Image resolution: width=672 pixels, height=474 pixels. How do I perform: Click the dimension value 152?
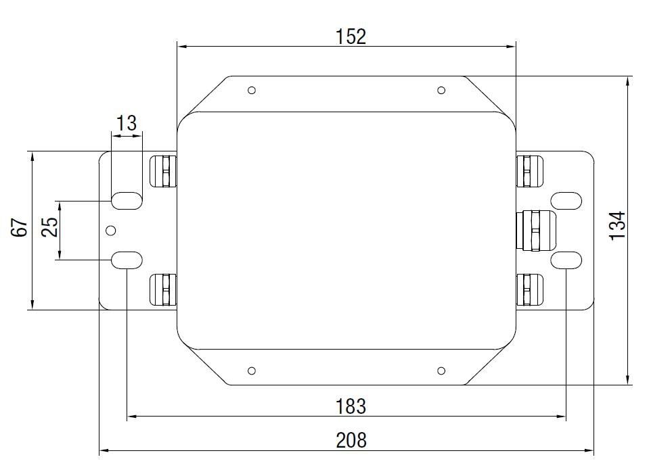[x=351, y=37]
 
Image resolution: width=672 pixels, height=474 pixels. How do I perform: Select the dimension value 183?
[x=351, y=406]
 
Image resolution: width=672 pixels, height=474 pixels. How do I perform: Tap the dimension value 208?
[x=351, y=440]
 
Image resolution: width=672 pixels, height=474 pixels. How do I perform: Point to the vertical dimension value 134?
[x=617, y=226]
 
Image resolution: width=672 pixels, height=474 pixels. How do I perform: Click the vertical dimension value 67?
[x=20, y=228]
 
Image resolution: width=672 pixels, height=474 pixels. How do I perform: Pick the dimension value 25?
[x=49, y=228]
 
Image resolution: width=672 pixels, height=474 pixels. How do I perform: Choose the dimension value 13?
[x=127, y=123]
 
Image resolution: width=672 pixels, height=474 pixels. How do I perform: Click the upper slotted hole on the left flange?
[x=127, y=201]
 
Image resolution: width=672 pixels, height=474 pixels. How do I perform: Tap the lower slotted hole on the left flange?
[x=127, y=259]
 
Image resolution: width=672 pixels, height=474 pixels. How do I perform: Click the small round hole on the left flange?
[x=111, y=231]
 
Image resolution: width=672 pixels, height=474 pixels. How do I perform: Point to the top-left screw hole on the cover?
[x=252, y=91]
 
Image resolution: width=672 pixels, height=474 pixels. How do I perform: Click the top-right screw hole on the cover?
[x=441, y=91]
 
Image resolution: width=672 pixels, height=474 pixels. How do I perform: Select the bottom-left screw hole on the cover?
[x=252, y=371]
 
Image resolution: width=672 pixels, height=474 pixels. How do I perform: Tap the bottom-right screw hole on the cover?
[x=441, y=371]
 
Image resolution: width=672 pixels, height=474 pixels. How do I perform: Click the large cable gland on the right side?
[x=535, y=230]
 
